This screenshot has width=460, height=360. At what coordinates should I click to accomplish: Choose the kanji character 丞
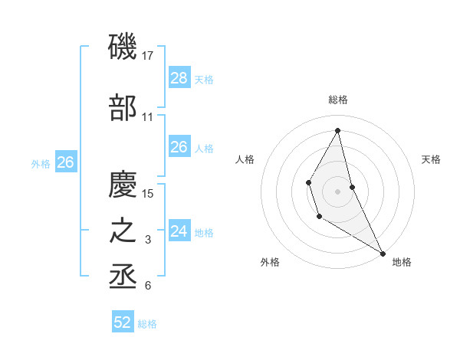point(123,276)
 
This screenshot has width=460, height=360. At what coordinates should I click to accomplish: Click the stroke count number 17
point(148,56)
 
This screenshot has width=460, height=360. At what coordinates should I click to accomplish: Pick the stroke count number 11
point(148,117)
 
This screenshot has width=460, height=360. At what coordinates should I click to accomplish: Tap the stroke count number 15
point(149,193)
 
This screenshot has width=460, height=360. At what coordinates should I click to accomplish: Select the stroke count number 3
point(148,240)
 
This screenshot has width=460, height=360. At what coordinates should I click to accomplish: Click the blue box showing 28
point(179,77)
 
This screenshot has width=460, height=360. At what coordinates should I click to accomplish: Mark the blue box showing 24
point(179,231)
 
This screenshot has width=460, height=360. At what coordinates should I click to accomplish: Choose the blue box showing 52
point(123,322)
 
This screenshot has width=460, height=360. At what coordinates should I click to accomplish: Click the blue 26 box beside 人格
point(179,147)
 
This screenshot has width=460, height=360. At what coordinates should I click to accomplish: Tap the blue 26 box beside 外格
point(65,162)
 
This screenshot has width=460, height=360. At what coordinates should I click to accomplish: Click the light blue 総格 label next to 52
point(147,324)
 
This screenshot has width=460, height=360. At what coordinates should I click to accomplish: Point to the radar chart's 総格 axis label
point(337,100)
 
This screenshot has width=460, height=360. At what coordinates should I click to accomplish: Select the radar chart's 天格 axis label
point(431,159)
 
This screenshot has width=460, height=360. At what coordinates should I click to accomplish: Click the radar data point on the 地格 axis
point(383,253)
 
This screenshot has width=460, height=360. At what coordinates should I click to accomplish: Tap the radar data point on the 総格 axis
point(337,129)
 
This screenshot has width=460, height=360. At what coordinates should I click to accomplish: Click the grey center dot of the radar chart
point(337,191)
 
